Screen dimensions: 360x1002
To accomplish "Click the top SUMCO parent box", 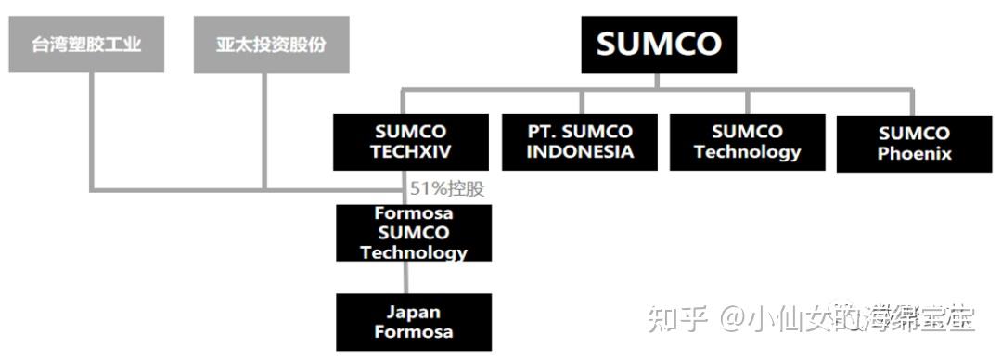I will [x=659, y=45].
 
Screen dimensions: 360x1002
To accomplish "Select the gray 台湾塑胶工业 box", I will [x=86, y=45].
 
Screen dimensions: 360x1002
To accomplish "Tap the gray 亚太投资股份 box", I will [x=271, y=45].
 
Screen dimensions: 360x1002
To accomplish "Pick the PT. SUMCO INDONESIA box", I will [x=580, y=142].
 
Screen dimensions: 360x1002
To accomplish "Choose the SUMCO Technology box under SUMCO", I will [x=747, y=142].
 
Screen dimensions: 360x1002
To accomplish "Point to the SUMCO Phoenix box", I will [x=914, y=144].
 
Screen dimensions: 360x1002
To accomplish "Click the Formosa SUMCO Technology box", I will [x=414, y=232].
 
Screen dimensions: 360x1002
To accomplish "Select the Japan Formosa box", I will [x=414, y=322].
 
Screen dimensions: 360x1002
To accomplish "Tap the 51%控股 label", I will [x=447, y=188].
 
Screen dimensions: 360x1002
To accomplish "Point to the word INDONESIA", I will [x=580, y=152].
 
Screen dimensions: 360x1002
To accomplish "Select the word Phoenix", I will [x=914, y=154].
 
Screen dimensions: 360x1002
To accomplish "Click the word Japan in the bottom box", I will [x=414, y=312].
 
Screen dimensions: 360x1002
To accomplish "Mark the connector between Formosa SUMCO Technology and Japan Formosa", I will [x=406, y=277].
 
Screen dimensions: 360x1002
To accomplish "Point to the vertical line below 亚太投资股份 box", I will [x=265, y=130].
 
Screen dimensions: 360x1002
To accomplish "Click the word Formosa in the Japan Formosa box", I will [x=414, y=333].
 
